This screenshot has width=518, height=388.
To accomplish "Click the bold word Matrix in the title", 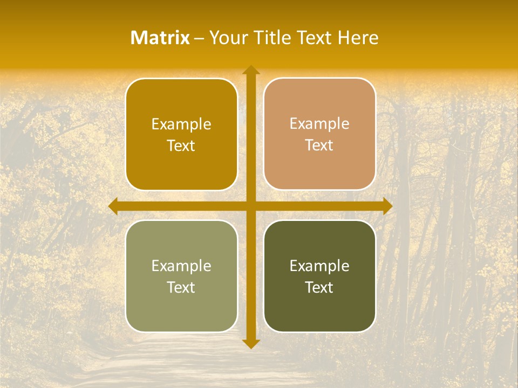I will pos(160,38).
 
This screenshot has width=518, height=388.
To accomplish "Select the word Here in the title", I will pos(358,38).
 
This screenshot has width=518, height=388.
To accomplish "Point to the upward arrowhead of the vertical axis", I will pos(250,70).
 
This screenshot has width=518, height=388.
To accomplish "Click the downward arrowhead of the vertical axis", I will pos(250,343).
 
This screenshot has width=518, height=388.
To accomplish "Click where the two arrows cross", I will pos(250,206).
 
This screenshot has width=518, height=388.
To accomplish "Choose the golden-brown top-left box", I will pos(181,162).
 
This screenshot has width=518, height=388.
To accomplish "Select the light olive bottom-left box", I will pos(181,307).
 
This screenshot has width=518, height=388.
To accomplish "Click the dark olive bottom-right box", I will pos(319,307).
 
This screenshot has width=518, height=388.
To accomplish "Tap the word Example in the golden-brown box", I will pos(181,124).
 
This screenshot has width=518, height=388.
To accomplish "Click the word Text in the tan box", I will pos(319,145).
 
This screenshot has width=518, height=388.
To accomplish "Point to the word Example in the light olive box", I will pos(181,266).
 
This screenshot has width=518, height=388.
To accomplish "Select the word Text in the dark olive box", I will pos(319,287).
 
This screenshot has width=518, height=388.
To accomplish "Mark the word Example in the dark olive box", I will pos(319,266).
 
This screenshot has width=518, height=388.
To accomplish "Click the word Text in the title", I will pos(316,38).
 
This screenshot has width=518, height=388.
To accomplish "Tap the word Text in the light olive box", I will pos(181,287).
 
